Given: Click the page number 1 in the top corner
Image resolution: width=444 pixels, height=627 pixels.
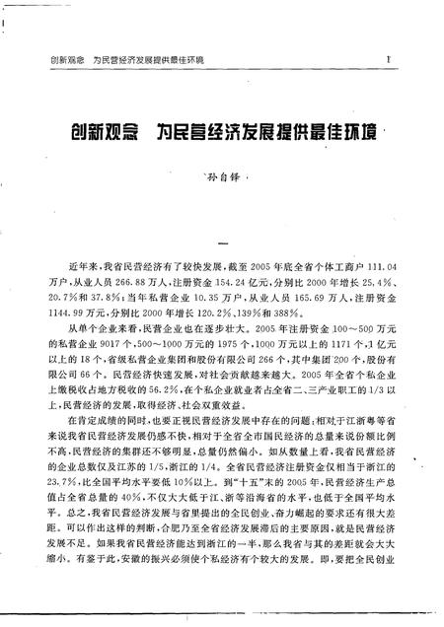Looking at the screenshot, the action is pyautogui.click(x=391, y=60).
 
